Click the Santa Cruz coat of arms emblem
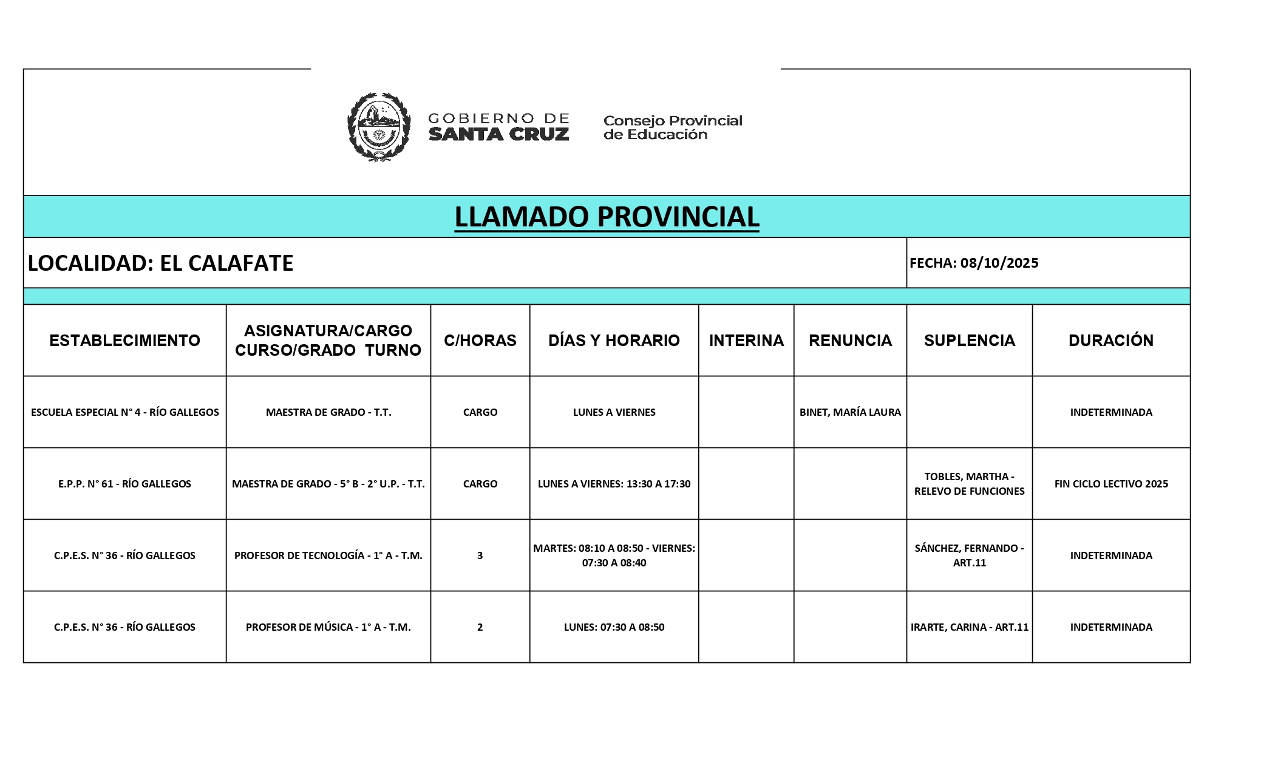[378, 127]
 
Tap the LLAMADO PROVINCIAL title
[607, 217]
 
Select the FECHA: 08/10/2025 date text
[974, 263]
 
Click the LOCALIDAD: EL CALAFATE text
[161, 263]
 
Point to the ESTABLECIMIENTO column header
[124, 341]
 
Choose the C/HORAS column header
[480, 341]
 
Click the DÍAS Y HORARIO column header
[614, 341]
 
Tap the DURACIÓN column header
[1110, 341]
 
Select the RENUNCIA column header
[850, 341]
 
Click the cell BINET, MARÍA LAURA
[850, 412]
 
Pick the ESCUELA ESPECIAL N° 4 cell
[124, 412]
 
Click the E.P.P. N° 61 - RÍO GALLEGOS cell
[124, 484]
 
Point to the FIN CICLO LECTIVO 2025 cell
[1110, 484]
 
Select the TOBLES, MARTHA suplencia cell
[969, 484]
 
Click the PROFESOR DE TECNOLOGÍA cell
[328, 555]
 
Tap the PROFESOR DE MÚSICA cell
[328, 627]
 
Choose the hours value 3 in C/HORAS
[480, 555]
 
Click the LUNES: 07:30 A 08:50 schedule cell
[614, 627]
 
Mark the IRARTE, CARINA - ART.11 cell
[969, 627]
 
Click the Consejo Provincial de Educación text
[672, 127]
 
